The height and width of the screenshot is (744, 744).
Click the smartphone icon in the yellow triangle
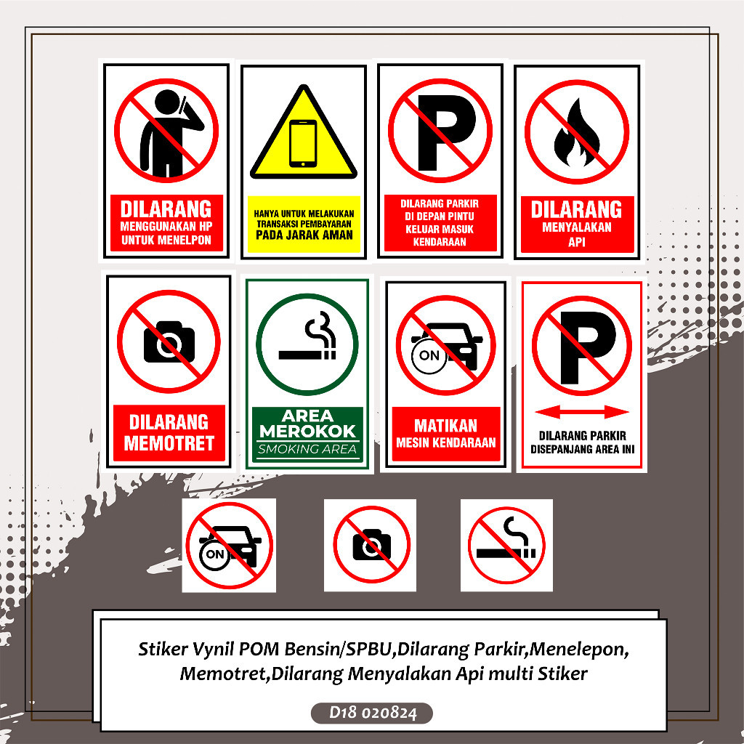tap(303, 143)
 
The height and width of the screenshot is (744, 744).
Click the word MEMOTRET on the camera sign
tap(169, 442)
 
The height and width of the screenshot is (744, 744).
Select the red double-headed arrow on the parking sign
tap(581, 413)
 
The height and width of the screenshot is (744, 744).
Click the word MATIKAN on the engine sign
tap(445, 425)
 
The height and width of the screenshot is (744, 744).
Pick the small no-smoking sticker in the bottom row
tap(506, 545)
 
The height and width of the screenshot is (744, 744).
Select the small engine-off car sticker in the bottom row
tap(228, 546)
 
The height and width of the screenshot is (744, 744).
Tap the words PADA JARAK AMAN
tap(304, 235)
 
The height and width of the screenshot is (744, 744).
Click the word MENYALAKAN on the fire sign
tap(576, 227)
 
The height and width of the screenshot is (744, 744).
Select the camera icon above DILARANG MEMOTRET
tap(169, 341)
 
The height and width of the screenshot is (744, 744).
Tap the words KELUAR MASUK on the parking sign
tap(440, 229)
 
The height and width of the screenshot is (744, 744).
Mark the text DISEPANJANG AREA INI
tap(581, 449)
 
